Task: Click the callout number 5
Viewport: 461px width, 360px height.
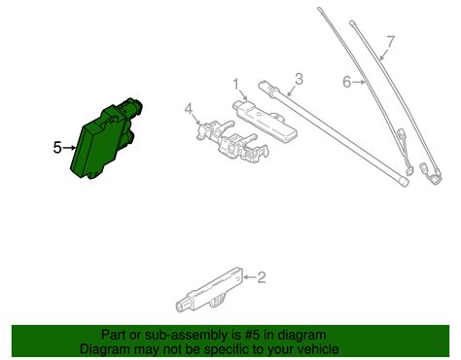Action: point(57,148)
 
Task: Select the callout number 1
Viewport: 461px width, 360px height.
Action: point(236,84)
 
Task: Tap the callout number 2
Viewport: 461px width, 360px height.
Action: point(262,277)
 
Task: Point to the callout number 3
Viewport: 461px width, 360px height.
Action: point(299,79)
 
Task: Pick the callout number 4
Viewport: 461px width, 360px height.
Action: point(189,109)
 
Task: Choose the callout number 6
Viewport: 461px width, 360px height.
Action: point(347,82)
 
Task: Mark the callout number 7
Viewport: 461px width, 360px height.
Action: point(391,42)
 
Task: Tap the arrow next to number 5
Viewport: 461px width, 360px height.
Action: point(69,148)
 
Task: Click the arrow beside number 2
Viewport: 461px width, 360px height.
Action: point(250,277)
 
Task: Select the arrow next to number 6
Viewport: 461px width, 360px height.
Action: point(359,83)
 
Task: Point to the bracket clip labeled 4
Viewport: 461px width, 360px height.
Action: point(232,141)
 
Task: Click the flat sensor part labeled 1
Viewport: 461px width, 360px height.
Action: point(265,120)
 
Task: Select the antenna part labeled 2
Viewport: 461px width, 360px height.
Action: point(209,289)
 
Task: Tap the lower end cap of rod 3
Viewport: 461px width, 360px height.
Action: point(404,182)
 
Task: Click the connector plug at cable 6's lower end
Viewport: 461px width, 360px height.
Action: point(409,171)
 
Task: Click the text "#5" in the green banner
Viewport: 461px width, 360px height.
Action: point(253,335)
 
